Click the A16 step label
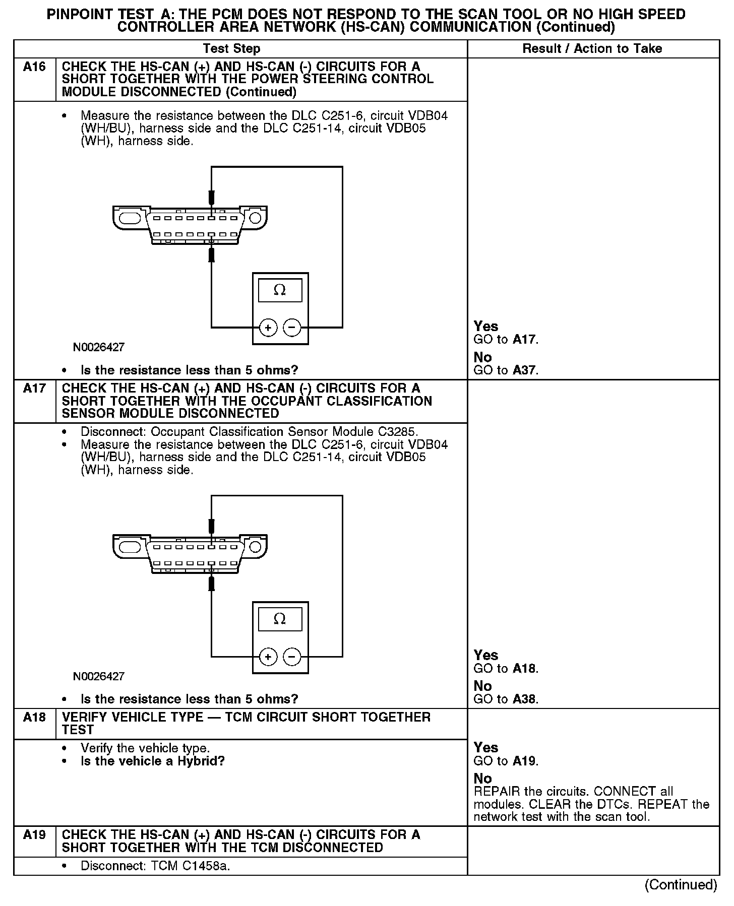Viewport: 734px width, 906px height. (34, 67)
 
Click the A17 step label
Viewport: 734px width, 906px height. (34, 389)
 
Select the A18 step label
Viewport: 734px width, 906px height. (34, 718)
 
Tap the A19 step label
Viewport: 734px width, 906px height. (34, 835)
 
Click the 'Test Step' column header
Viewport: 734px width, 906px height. (231, 49)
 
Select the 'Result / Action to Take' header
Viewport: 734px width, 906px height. (592, 49)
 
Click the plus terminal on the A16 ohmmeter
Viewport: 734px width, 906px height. (268, 328)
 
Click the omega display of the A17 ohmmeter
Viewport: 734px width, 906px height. (280, 619)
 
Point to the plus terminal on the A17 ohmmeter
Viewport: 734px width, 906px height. (268, 657)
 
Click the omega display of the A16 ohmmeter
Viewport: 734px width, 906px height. (280, 290)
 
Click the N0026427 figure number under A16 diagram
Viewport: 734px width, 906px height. (99, 347)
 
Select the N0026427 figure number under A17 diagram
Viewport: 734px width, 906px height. (99, 676)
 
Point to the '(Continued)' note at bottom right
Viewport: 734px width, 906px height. (681, 885)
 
